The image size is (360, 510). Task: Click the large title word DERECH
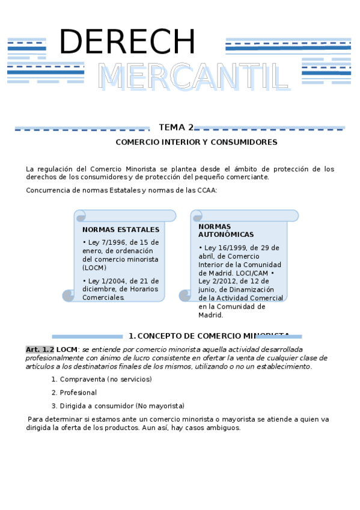pos(127,43)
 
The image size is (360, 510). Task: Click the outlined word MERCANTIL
pos(194,77)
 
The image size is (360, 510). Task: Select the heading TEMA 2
pos(175,127)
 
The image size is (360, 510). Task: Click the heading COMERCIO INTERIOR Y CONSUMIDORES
pos(197,143)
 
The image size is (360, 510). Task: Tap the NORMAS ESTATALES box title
pos(121,230)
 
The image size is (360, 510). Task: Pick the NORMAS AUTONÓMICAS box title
pos(218,230)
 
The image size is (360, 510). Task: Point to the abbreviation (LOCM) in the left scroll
pos(94,268)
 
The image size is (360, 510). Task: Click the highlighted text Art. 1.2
pos(40,349)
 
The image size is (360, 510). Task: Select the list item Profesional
pos(78,393)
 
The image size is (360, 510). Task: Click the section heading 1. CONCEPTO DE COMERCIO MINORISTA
pos(209,336)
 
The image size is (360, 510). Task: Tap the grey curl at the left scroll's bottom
pos(68,295)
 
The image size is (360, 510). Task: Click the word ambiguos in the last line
pos(223,428)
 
